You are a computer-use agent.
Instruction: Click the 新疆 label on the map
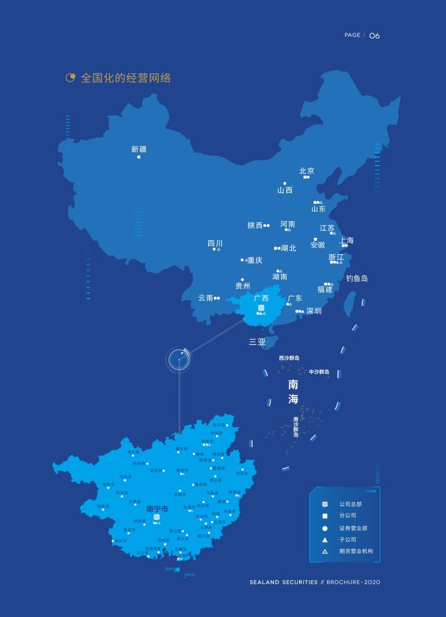click(138, 149)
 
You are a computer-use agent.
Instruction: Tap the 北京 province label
click(306, 171)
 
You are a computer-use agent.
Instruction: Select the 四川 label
click(215, 243)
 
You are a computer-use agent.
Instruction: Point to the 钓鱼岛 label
click(357, 278)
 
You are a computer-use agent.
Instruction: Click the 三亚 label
click(257, 342)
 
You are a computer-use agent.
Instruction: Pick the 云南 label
click(205, 298)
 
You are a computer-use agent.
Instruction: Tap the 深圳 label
click(314, 311)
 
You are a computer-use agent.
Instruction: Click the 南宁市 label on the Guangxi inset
click(157, 508)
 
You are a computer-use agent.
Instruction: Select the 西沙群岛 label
click(289, 358)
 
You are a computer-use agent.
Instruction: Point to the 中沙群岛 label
click(319, 372)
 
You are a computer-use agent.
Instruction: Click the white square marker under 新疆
click(138, 157)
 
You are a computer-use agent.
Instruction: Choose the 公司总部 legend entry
click(350, 504)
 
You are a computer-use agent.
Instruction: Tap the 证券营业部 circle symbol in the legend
click(325, 528)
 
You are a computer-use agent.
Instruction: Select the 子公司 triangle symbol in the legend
click(325, 540)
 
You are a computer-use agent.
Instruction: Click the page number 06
click(374, 36)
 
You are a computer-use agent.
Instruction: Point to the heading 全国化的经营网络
click(126, 78)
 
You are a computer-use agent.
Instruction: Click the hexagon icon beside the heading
click(70, 78)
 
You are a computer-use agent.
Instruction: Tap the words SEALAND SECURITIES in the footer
click(283, 582)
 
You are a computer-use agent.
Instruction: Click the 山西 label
click(285, 190)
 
